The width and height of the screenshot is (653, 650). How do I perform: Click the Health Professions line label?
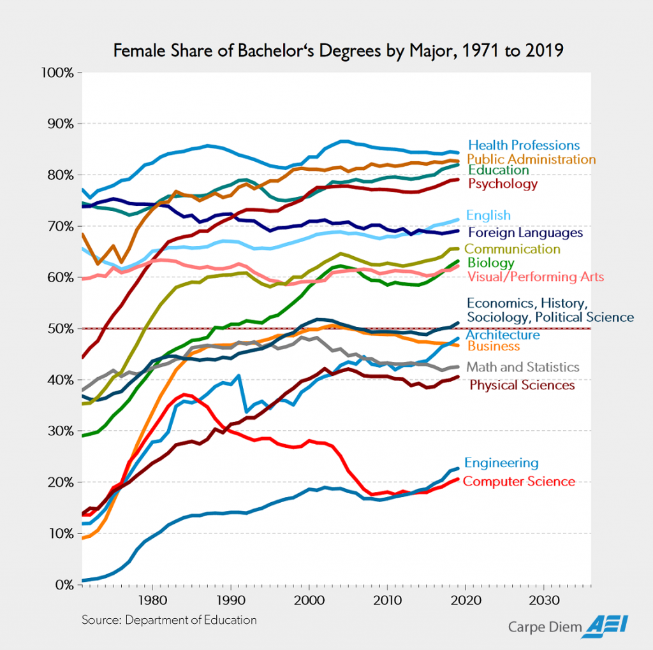click(x=524, y=145)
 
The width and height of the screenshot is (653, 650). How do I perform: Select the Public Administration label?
click(x=531, y=159)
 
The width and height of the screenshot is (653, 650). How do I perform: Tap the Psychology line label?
click(x=503, y=184)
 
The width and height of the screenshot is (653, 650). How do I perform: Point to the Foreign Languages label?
click(x=525, y=233)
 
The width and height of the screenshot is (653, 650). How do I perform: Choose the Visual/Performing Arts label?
click(x=536, y=277)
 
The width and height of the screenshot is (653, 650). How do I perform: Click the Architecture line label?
click(x=503, y=335)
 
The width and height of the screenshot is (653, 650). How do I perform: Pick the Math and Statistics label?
click(x=523, y=367)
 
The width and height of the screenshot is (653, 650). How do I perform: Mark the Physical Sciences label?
click(x=522, y=385)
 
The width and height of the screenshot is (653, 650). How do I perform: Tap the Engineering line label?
click(x=501, y=463)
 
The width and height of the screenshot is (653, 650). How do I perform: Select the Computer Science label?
click(x=519, y=481)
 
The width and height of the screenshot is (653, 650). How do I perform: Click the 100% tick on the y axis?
click(x=59, y=73)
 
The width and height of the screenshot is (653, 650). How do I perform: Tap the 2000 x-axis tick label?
click(x=309, y=600)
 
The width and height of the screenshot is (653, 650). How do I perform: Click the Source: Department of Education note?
click(x=169, y=620)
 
